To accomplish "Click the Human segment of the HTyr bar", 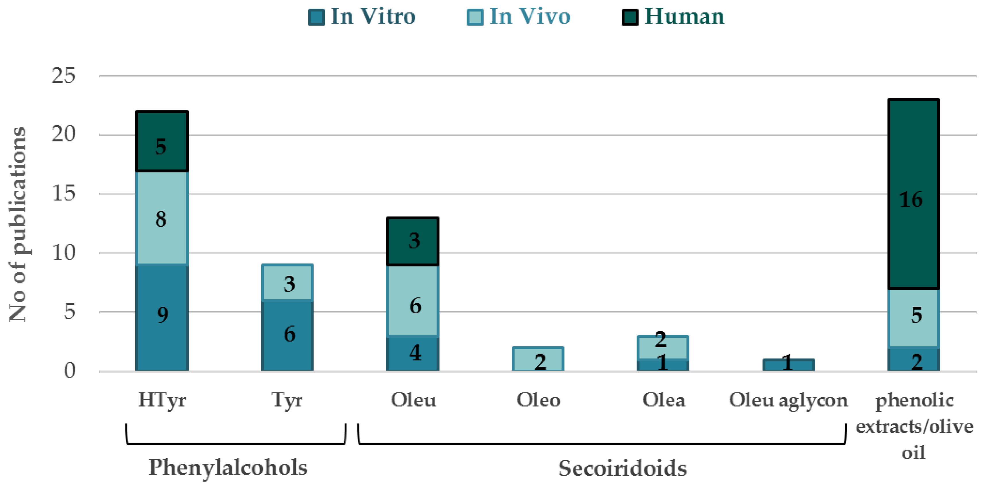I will coord(162,141).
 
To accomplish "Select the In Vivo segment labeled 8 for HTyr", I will coord(162,218).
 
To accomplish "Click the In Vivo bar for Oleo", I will coord(538,359).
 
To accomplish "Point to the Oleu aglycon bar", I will coord(788,365).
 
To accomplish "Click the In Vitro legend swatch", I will coord(316,17).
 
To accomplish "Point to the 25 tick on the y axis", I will coord(63,76).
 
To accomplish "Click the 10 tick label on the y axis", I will coord(63,252).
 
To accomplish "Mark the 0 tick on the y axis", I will coord(69,371).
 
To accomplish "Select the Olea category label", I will coord(664,400).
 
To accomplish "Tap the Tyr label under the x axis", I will coord(287,400).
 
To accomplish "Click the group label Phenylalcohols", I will coord(228,467).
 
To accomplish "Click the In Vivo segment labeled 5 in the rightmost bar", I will coord(913,317).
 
